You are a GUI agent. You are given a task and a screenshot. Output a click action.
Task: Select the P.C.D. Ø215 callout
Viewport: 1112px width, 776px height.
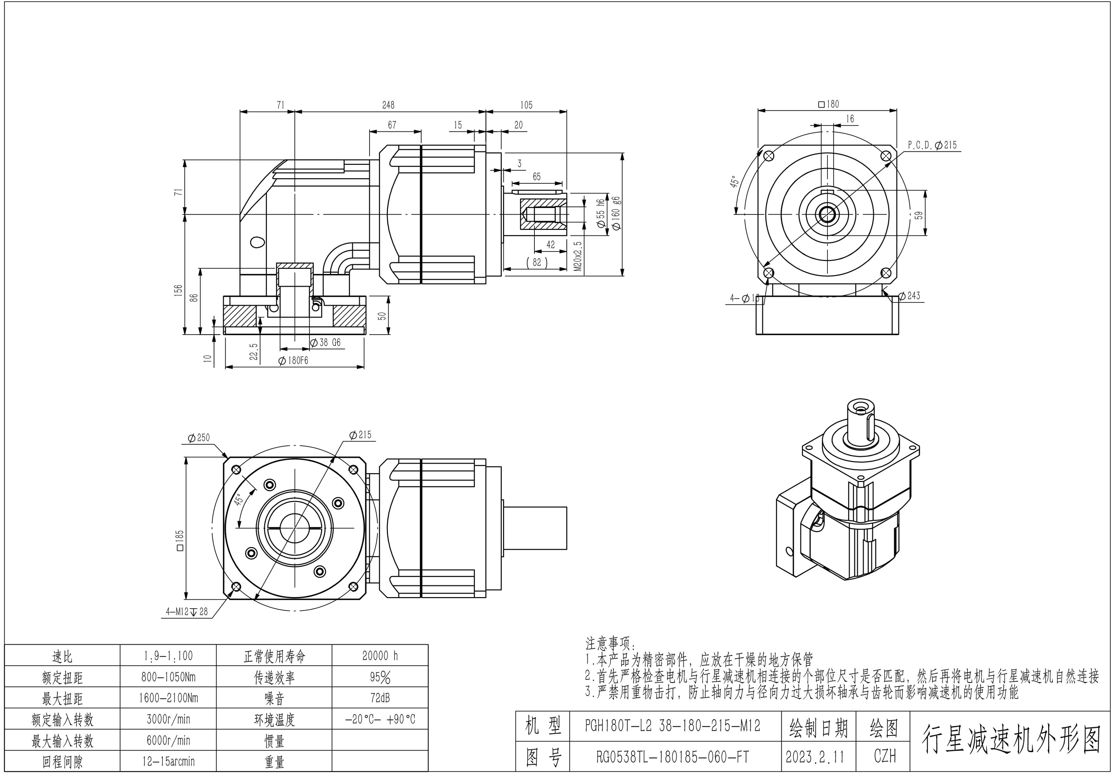932,145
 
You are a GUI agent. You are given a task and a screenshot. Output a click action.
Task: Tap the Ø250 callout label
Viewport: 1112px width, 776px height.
199,438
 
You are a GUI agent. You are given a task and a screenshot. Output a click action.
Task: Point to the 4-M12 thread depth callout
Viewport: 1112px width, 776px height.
187,612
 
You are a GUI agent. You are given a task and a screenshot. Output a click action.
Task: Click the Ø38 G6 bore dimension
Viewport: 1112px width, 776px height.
325,342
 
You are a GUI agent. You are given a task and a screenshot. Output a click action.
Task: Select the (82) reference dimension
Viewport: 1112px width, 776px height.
537,262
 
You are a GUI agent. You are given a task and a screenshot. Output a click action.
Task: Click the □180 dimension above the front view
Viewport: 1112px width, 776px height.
828,104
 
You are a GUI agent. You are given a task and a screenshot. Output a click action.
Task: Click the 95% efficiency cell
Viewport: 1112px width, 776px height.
380,677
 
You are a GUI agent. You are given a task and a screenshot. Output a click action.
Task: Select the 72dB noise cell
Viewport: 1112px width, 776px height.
380,698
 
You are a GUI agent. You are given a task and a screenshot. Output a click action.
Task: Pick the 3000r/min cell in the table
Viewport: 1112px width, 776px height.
168,719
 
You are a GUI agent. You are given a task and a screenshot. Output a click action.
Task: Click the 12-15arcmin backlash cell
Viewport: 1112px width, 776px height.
168,761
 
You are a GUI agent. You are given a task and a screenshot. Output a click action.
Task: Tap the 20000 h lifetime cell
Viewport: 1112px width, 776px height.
380,656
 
